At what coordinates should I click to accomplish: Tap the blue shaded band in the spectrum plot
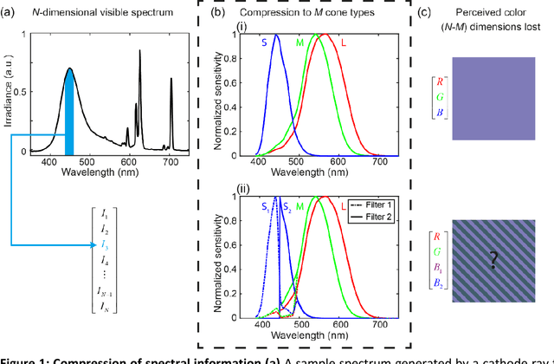[68, 114]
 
